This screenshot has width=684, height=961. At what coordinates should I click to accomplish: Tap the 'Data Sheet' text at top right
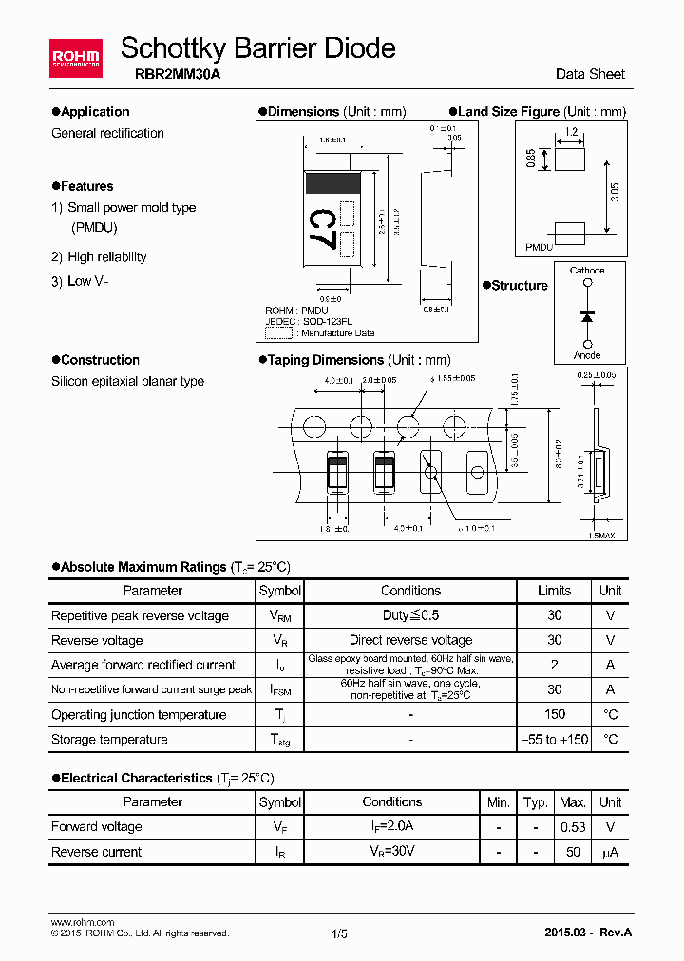590,74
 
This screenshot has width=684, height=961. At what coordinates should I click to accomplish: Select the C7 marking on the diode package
321,228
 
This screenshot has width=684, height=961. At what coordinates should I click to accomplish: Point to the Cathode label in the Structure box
587,271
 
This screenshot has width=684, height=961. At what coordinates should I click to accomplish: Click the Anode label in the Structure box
587,355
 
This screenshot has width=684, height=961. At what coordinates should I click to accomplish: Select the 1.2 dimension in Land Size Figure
571,132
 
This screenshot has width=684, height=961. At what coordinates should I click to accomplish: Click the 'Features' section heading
86,186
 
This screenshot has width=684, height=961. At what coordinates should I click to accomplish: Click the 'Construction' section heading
100,360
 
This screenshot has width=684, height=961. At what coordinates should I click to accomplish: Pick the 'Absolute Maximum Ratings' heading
143,567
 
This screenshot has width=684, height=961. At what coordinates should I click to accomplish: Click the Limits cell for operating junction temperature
555,714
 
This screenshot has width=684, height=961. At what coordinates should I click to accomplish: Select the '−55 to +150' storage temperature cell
555,739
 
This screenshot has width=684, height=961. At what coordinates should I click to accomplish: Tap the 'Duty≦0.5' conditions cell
410,615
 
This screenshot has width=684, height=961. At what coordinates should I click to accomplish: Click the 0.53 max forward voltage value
573,827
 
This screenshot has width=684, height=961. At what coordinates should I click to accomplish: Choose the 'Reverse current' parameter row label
97,852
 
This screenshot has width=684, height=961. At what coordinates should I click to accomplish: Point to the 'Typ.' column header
536,802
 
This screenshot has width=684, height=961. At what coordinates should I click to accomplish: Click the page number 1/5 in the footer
340,933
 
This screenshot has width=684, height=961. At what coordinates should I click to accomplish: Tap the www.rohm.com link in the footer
82,922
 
